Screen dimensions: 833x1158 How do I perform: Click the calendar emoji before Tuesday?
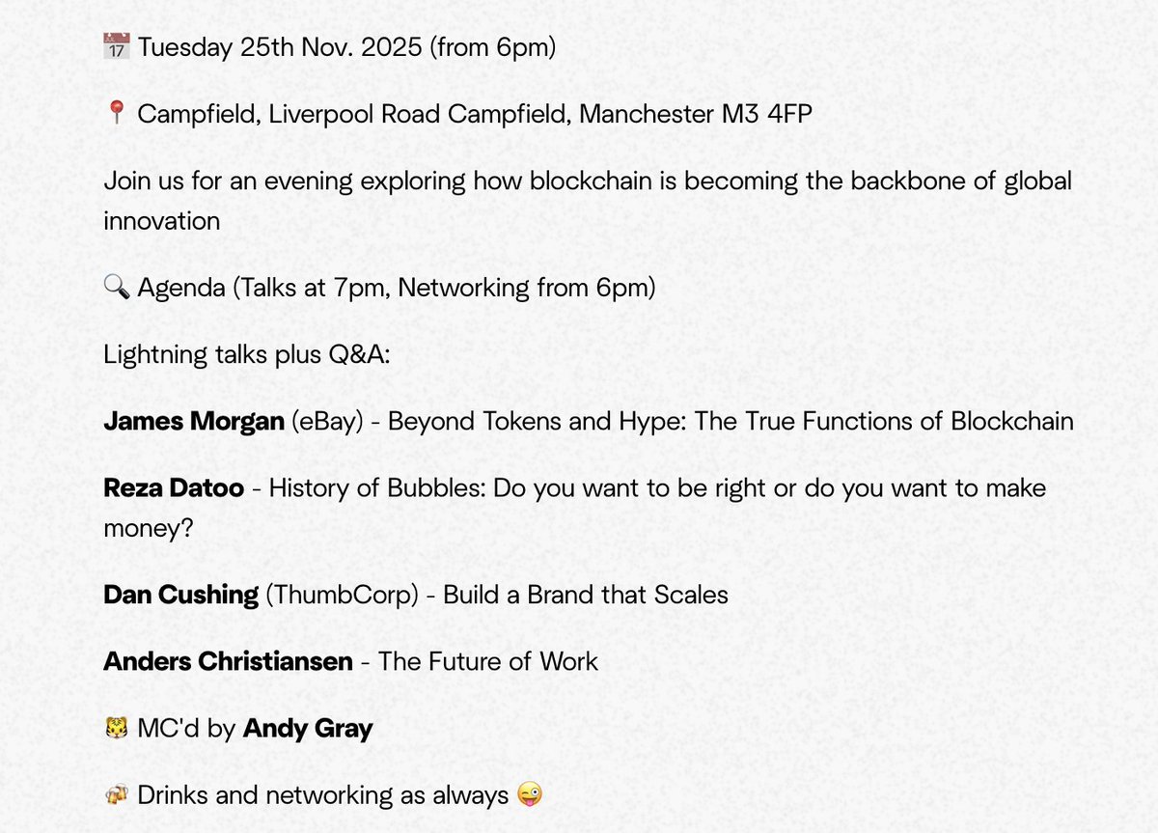click(x=116, y=46)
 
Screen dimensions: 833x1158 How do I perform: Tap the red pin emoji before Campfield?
click(x=116, y=114)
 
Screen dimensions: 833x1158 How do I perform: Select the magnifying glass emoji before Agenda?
click(x=116, y=288)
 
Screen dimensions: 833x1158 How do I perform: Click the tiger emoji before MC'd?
click(x=116, y=729)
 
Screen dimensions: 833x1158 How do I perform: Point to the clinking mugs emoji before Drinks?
click(x=116, y=795)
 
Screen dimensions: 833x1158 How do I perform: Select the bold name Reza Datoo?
click(x=173, y=488)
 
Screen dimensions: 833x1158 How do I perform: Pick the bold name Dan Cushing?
click(x=180, y=595)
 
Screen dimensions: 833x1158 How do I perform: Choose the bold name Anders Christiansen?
click(x=228, y=661)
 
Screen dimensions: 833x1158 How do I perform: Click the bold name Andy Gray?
click(x=308, y=729)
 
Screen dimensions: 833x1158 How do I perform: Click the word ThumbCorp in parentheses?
click(x=343, y=595)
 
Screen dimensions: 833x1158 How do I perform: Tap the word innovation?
click(x=161, y=220)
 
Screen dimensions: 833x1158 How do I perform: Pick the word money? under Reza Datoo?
click(x=149, y=528)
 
